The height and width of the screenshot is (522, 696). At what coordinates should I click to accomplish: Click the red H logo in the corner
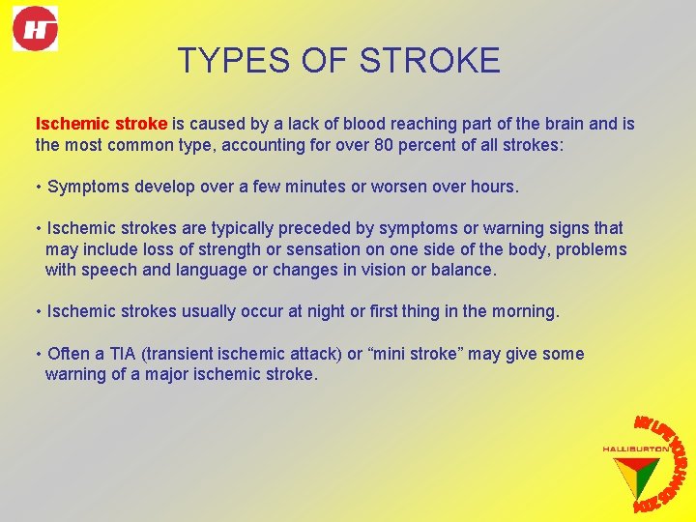coord(36,28)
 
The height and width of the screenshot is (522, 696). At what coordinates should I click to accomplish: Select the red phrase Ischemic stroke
coord(101,124)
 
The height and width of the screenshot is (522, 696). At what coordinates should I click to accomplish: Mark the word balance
coord(460,270)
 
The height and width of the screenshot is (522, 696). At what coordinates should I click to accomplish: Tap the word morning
coord(523,312)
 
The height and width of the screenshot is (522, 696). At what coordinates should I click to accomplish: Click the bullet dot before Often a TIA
coord(38,354)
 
